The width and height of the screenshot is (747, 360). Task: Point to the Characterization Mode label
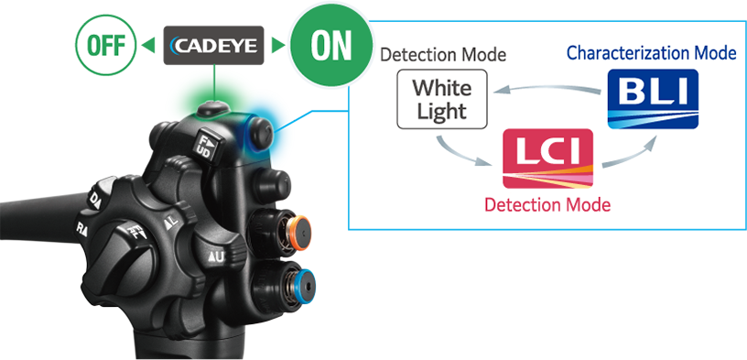(651, 52)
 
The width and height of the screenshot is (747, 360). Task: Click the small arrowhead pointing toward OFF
(146, 45)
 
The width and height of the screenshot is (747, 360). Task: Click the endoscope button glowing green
(211, 107)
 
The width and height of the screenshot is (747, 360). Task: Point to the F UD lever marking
(205, 143)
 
